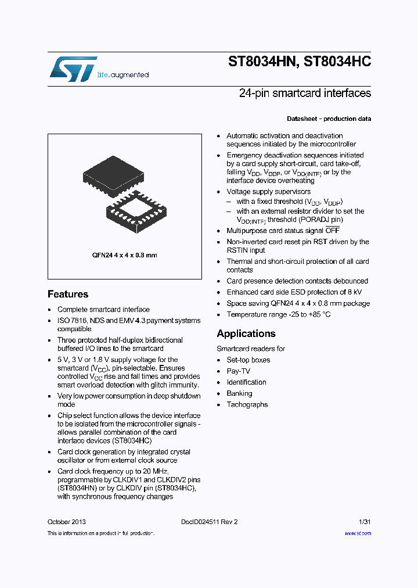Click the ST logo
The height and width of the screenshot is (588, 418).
(x=72, y=69)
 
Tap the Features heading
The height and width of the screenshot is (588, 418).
(x=68, y=294)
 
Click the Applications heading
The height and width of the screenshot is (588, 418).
(x=246, y=334)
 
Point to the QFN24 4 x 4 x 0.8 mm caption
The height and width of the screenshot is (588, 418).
(x=125, y=255)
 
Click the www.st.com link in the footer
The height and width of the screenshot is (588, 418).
(x=358, y=533)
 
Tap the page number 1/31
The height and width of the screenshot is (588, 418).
(x=363, y=522)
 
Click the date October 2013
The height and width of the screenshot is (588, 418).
(x=67, y=522)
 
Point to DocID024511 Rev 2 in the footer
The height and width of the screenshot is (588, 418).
(x=209, y=522)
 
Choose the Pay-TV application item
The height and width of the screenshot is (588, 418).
(x=238, y=371)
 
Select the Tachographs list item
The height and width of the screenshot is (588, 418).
(x=247, y=404)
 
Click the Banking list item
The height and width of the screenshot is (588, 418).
(x=240, y=393)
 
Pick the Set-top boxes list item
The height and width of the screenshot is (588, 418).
(x=248, y=360)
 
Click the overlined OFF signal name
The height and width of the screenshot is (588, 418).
(x=333, y=231)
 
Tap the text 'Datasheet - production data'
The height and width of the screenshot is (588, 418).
(x=329, y=119)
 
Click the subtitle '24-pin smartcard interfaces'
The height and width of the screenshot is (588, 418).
(x=305, y=94)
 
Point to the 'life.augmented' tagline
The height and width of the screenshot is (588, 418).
(x=122, y=75)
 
